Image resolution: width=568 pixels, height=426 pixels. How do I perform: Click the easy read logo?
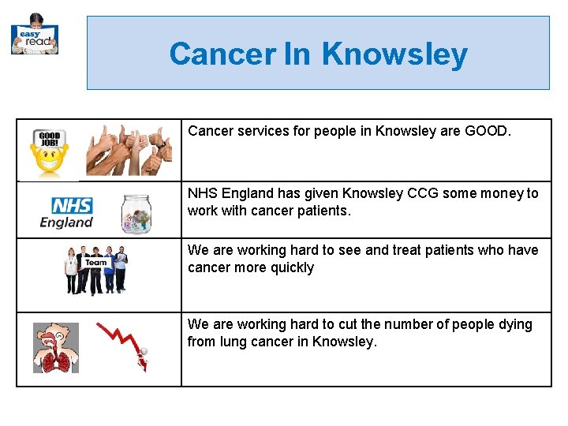tap(35, 35)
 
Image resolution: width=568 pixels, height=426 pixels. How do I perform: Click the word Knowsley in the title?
tap(394, 54)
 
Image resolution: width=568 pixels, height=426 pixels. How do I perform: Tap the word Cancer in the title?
tap(221, 54)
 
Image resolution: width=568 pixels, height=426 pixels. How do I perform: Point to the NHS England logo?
tap(67, 212)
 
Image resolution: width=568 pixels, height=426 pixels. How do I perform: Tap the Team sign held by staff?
tap(96, 263)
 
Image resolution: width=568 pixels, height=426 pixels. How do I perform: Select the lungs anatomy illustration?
tap(55, 348)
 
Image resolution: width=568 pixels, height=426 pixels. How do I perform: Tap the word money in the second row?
tap(505, 193)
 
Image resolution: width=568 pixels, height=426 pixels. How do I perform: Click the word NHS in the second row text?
tap(203, 193)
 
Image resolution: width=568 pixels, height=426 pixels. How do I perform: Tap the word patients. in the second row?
tap(323, 211)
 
